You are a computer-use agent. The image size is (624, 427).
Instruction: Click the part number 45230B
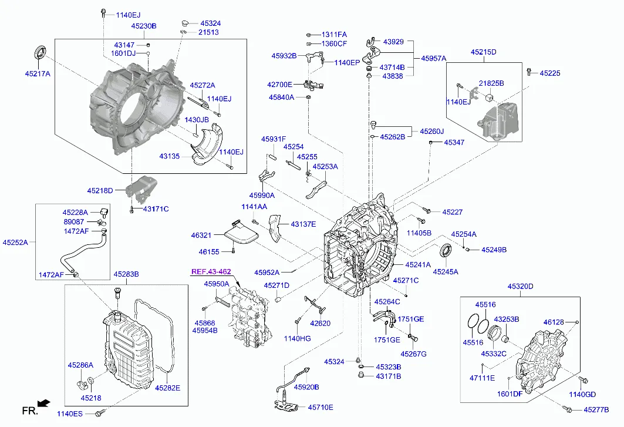(144, 26)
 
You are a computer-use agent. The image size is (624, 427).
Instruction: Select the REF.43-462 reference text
(210, 272)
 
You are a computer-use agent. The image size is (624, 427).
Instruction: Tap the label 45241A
(418, 264)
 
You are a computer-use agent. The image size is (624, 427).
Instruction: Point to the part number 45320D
(520, 287)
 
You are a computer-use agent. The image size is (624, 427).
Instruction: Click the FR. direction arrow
(43, 403)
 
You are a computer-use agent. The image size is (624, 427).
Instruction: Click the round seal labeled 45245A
(446, 251)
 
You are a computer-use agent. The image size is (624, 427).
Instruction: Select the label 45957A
(434, 59)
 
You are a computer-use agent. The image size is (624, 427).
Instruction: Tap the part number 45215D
(483, 52)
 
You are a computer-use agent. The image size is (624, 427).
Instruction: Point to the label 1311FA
(334, 35)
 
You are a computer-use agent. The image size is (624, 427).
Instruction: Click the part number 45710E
(321, 407)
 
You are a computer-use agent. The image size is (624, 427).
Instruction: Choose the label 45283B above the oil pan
(126, 274)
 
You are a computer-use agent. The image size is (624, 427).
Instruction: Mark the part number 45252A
(15, 241)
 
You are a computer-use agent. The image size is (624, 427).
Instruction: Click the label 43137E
(303, 224)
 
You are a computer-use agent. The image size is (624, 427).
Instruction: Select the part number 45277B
(596, 409)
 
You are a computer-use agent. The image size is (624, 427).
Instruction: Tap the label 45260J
(431, 131)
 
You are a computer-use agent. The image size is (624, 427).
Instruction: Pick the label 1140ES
(70, 414)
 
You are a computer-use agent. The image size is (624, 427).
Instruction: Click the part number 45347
(454, 142)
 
